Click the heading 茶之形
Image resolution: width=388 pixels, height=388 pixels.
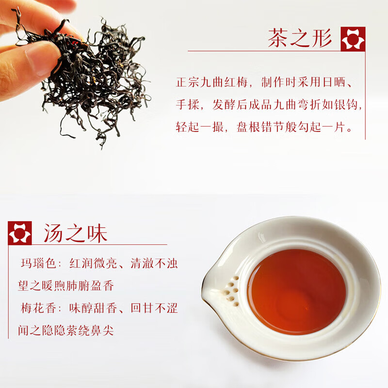pos(300,38)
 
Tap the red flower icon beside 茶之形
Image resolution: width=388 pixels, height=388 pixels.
pos(353,39)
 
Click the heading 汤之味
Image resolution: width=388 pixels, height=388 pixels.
pos(75,233)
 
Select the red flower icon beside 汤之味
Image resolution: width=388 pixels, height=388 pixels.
pos(20,233)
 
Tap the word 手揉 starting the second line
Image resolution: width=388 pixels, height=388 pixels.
pos(187,104)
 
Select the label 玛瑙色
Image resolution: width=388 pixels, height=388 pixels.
pos(36,264)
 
